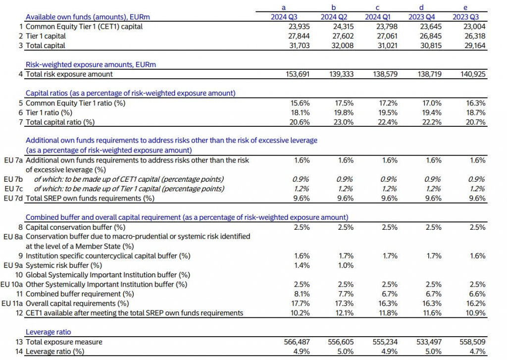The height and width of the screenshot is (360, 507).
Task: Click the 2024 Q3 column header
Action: point(283,17)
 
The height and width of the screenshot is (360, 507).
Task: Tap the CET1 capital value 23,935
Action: point(299,27)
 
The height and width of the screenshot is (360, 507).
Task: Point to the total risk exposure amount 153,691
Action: point(297,74)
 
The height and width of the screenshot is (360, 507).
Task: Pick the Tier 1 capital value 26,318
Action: point(474,36)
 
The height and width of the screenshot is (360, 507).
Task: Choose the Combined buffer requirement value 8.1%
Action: point(303,294)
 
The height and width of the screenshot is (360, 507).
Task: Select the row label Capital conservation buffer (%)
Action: point(75,227)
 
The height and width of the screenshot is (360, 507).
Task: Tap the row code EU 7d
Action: point(13,198)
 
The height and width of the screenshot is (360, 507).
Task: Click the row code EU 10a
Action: point(12,284)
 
